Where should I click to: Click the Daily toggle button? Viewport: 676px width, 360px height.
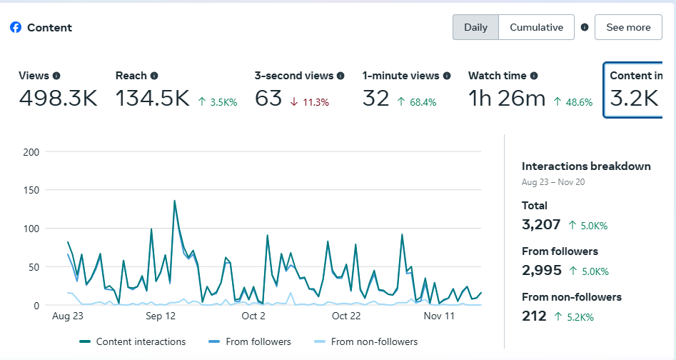475,27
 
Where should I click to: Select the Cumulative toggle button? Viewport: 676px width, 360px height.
536,27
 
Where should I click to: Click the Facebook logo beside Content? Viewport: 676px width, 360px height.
16,27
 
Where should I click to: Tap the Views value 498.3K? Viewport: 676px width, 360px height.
58,99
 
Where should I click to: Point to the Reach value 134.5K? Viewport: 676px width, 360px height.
153,99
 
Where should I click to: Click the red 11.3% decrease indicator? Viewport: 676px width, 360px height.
309,102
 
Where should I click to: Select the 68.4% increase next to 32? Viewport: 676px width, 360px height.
417,102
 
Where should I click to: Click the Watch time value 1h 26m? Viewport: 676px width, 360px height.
507,99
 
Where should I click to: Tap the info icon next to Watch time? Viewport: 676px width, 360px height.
534,76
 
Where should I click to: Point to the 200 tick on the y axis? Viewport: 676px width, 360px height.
31,151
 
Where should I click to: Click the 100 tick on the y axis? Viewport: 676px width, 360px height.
31,229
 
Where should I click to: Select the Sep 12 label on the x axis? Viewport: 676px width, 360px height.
160,316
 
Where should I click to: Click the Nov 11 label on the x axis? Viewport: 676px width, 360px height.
439,316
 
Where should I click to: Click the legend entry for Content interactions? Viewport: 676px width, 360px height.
133,341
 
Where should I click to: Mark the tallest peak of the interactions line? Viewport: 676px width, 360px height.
174,201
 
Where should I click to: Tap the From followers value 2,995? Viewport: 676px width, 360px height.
542,272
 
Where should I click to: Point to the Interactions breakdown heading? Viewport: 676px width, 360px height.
586,166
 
